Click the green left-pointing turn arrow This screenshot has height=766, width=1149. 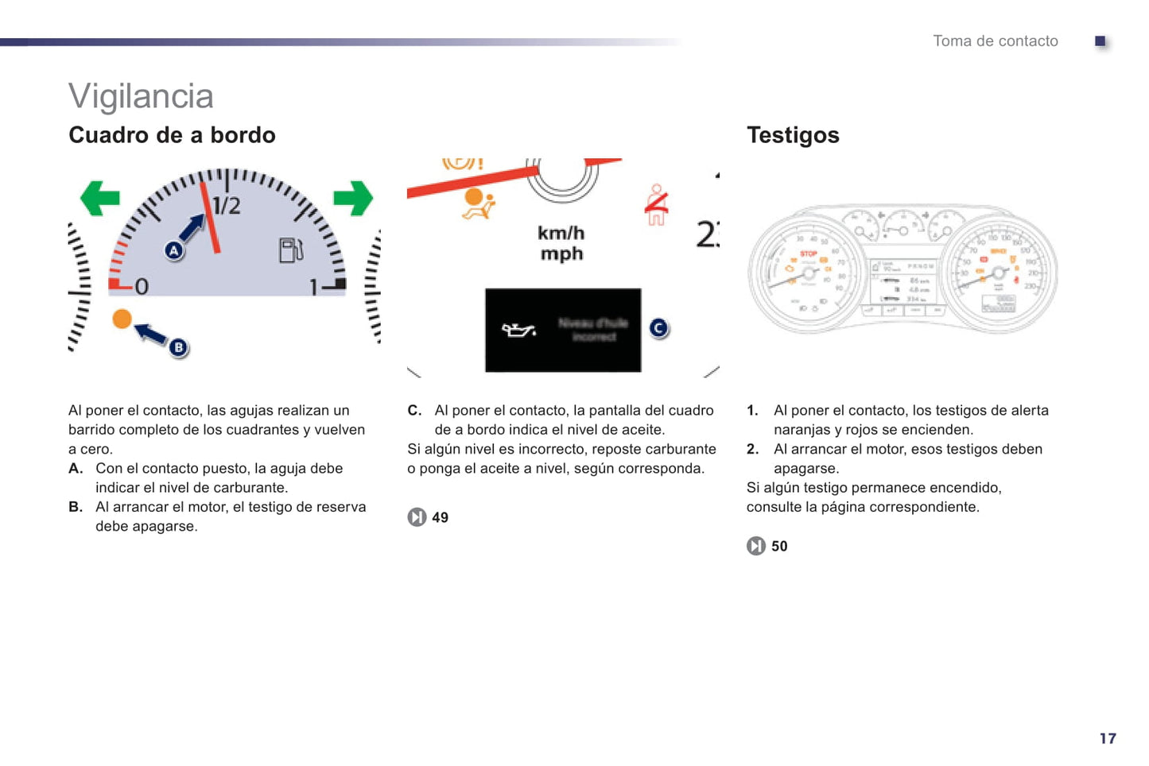coord(99,198)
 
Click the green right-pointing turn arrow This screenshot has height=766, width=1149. coord(353,198)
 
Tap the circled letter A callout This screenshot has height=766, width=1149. coord(174,250)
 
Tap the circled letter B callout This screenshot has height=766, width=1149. coord(179,347)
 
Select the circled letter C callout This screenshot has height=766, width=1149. coord(659,327)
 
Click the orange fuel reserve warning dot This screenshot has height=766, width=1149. coord(122,319)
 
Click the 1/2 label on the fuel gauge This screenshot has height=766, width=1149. coord(227,206)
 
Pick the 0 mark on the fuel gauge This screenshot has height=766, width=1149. coord(141,286)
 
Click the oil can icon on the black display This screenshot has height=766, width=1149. coord(518,330)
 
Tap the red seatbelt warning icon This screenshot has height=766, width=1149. coord(656,206)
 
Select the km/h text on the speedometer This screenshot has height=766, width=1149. coord(561,233)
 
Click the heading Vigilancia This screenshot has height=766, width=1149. coord(141,96)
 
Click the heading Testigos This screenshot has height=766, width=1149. coord(793,135)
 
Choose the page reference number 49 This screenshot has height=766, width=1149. coord(440,517)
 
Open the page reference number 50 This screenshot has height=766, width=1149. coord(779,546)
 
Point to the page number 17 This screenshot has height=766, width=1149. coord(1108,738)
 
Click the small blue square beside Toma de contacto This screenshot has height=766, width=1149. coord(1100,41)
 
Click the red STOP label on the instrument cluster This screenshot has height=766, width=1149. coord(809,253)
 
